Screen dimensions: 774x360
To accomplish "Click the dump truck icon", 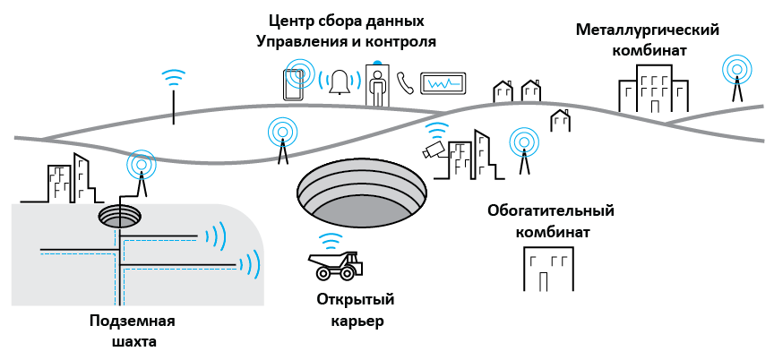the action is tap(335, 265).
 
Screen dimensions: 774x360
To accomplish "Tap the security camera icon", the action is tap(434, 149).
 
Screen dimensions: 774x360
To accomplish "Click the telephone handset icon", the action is tap(405, 83).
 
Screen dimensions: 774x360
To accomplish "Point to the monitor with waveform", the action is tap(443, 83).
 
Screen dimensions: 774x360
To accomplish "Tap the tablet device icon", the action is tap(293, 85).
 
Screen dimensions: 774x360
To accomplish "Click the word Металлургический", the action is tap(648, 30).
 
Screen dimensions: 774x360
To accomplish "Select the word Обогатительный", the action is tap(551, 211).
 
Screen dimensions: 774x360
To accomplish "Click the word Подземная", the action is tap(133, 322).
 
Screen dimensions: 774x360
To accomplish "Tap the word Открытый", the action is tap(357, 299).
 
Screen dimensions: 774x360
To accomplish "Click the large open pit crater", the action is tap(362, 193).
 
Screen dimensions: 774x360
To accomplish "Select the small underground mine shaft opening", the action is tap(119, 216).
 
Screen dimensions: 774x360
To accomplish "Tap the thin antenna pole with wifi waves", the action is tap(174, 96).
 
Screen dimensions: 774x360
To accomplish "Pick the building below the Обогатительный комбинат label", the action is tap(548, 270).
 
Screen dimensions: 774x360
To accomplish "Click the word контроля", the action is tap(400, 42).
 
